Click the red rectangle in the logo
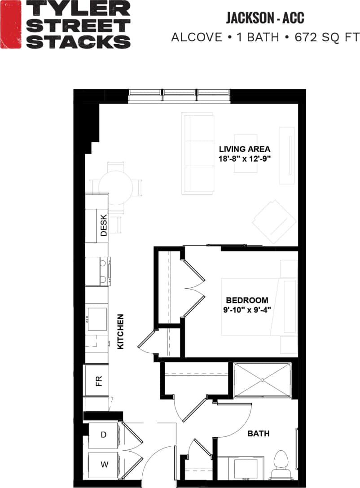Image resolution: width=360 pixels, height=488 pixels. coord(11,25)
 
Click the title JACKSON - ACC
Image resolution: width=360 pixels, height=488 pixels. coord(265,18)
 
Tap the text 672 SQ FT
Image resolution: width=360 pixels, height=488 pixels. coord(322,37)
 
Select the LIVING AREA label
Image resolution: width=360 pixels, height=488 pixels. coord(245,149)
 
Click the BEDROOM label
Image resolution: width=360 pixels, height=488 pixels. coord(247,300)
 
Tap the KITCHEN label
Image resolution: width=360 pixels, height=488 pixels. coord(120,331)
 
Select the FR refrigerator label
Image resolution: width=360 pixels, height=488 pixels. coord(99,381)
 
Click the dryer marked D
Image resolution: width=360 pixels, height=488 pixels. coord(103,435)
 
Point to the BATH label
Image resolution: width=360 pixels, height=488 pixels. coord(259,434)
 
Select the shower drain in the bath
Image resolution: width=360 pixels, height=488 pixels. coord(263,380)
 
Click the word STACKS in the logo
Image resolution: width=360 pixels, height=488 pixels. coord(79,42)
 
